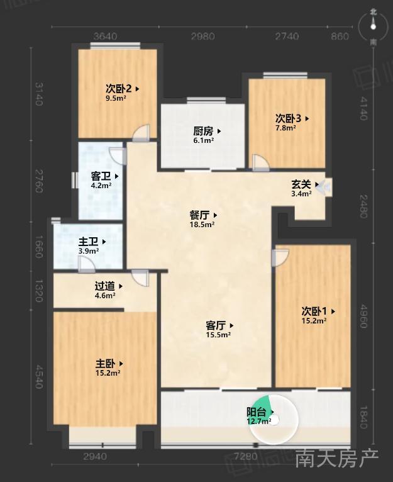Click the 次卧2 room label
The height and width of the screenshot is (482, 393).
(x=119, y=89)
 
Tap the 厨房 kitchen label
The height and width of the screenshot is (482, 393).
(x=203, y=132)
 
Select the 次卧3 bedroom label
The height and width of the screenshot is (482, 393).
(x=288, y=118)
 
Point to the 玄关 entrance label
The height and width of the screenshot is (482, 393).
(x=301, y=184)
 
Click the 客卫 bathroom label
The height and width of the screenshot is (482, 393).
(x=101, y=176)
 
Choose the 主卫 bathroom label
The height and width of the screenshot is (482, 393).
(x=88, y=242)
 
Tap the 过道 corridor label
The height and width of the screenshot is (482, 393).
(x=105, y=286)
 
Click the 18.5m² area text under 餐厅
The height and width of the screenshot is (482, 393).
(x=202, y=225)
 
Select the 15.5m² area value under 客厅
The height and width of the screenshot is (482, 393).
(x=218, y=335)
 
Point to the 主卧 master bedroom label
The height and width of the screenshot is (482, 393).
(x=105, y=364)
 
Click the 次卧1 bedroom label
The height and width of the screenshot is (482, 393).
(x=314, y=311)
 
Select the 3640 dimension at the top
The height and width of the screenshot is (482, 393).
(x=106, y=36)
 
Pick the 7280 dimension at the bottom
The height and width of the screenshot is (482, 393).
(x=246, y=456)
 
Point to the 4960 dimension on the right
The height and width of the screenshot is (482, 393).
(x=363, y=316)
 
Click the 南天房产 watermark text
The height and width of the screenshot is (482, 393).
(x=336, y=459)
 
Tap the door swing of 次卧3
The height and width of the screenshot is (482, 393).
(x=260, y=162)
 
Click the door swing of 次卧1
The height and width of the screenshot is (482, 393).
(x=280, y=257)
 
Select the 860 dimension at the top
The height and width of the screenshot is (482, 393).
(x=340, y=36)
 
